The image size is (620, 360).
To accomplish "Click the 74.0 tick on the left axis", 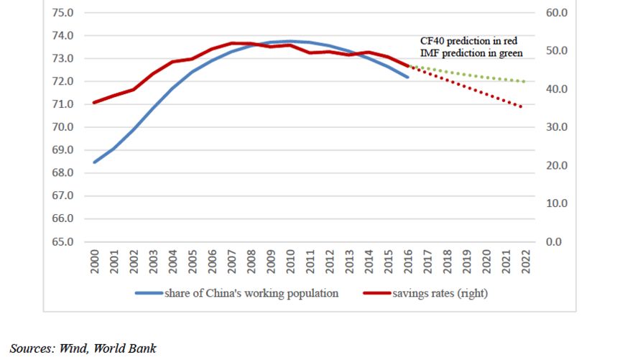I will click(63, 36).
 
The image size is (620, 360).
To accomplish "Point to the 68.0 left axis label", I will click(63, 173).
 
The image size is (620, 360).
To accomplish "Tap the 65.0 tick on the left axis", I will click(63, 241).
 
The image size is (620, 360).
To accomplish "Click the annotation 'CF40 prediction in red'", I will click(468, 41).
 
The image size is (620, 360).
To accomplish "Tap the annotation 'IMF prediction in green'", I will click(471, 52).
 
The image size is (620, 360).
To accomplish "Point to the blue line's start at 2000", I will click(94, 162).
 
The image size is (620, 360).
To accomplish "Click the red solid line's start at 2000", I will click(94, 103).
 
